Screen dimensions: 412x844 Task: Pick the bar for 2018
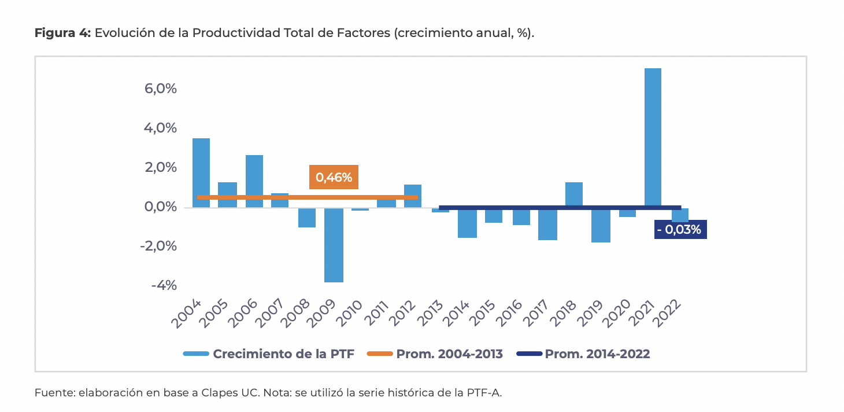(x=573, y=194)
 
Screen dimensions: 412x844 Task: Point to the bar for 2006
(x=254, y=181)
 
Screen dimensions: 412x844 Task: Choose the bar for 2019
(x=600, y=225)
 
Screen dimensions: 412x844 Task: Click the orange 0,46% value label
(x=334, y=177)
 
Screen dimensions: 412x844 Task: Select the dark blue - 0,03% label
(x=680, y=230)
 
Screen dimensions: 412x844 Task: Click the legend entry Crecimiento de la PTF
(x=283, y=354)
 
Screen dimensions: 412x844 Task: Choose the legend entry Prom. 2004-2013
(x=449, y=354)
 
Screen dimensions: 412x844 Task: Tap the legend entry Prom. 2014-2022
(x=597, y=354)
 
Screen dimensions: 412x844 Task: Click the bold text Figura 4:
(x=63, y=33)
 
